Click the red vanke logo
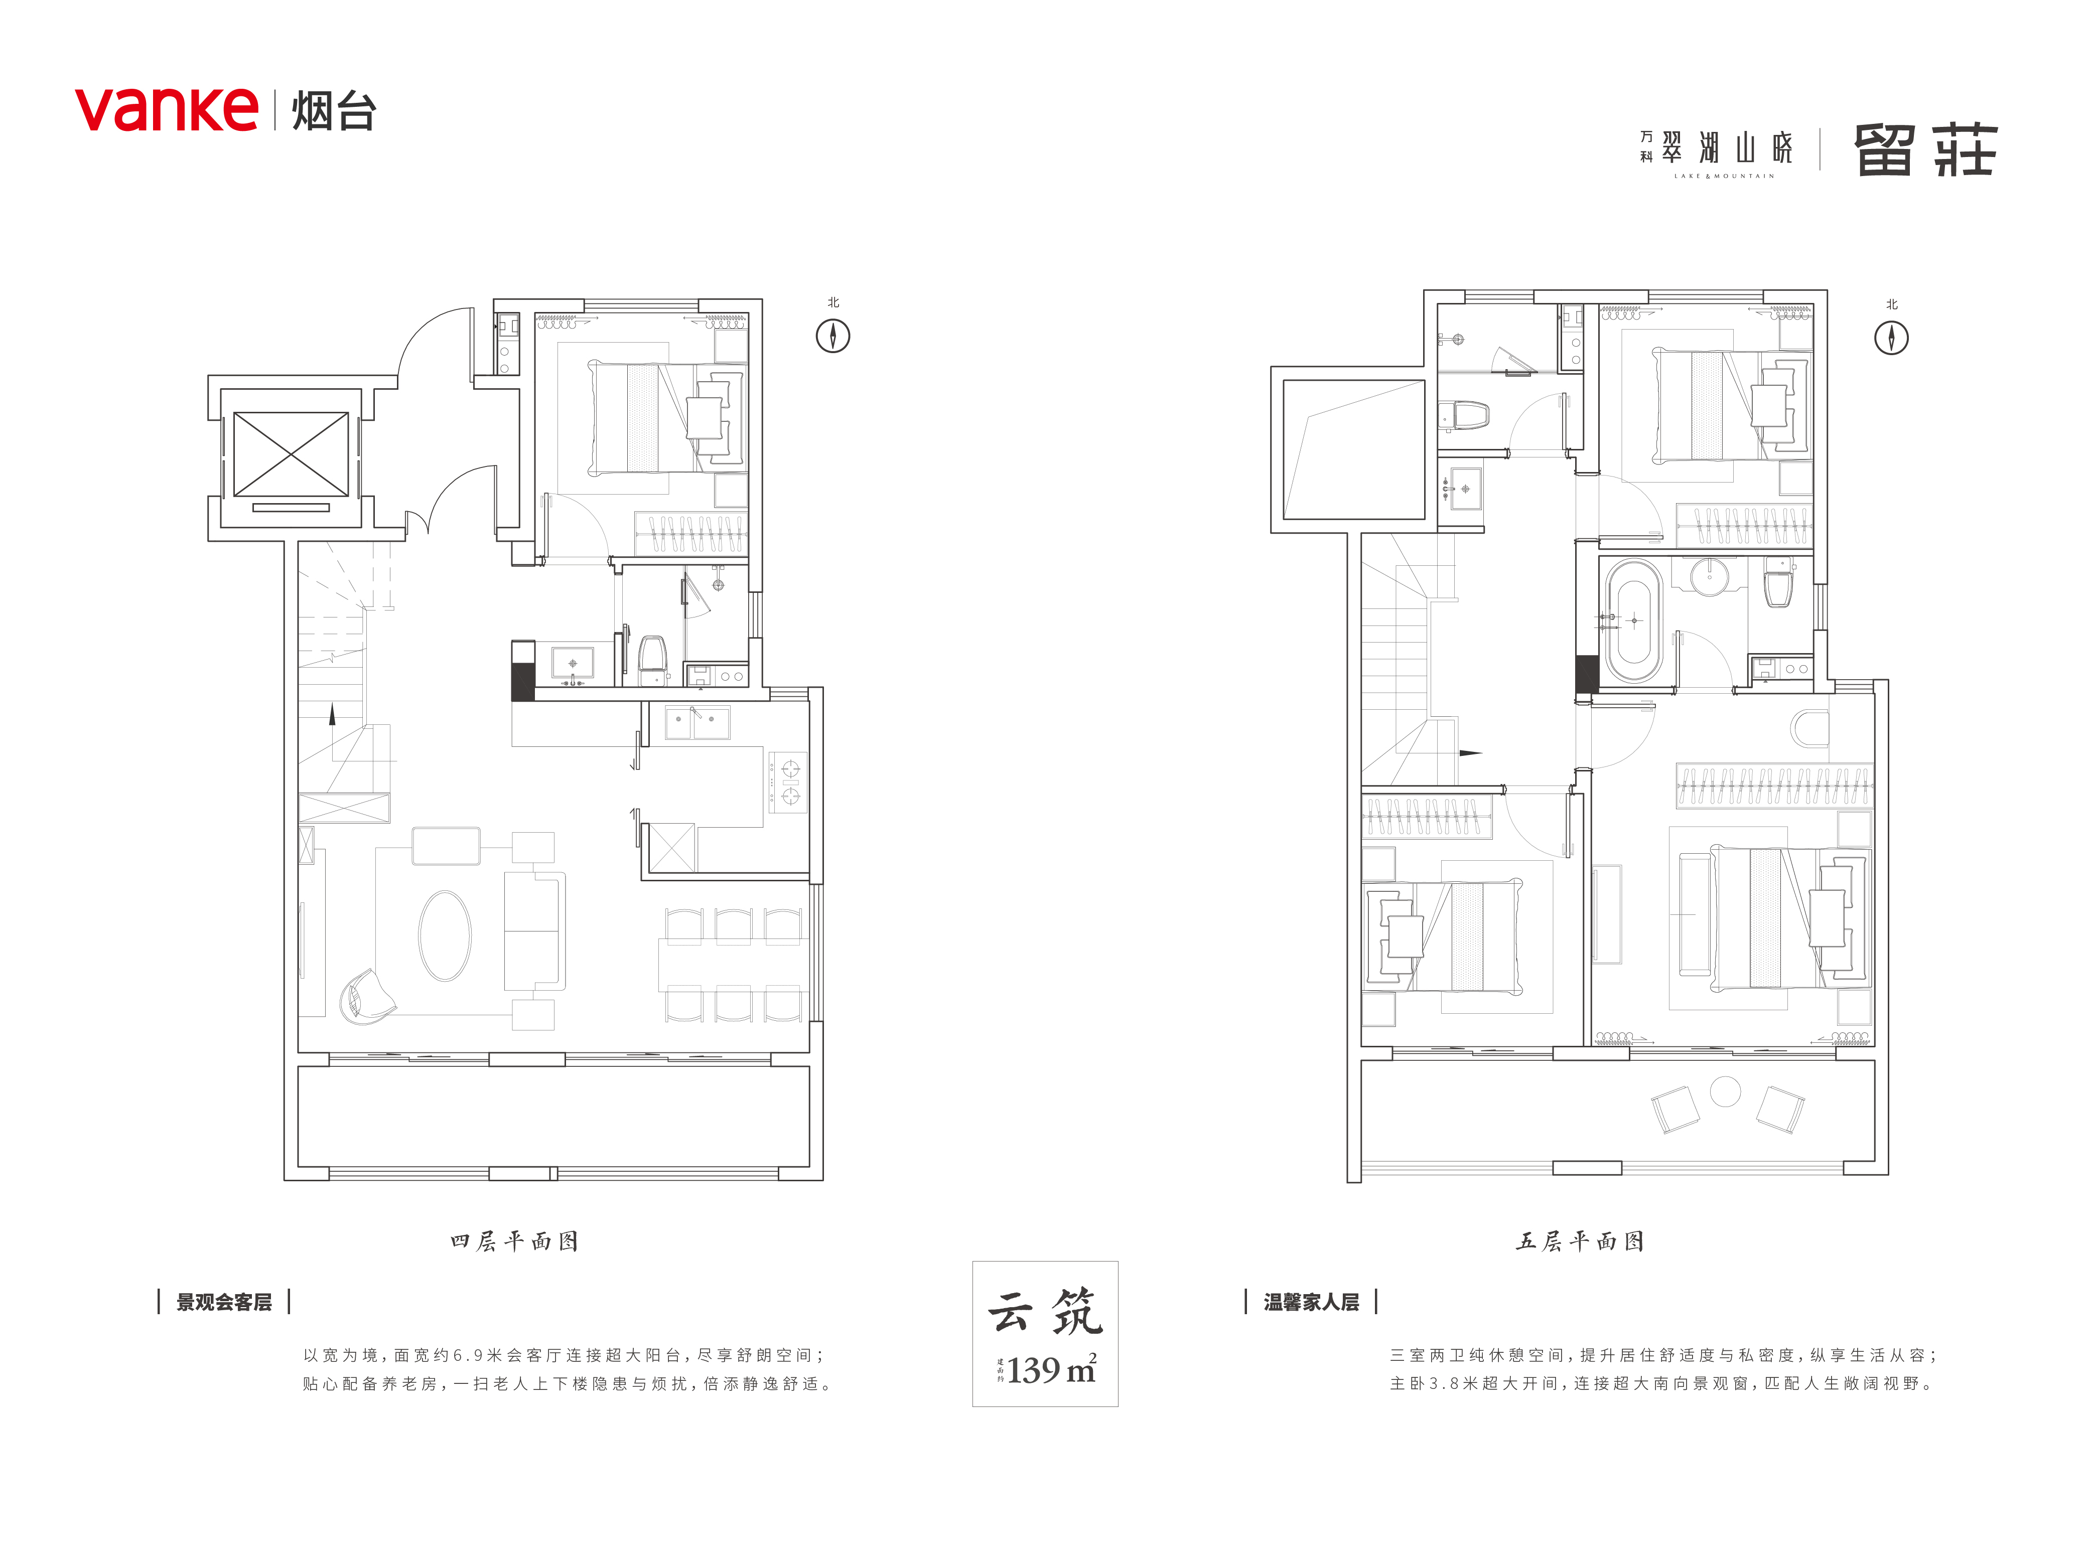[167, 110]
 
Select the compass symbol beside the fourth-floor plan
[833, 336]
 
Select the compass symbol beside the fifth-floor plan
[1892, 338]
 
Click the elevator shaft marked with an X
[291, 453]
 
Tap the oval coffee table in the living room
[444, 935]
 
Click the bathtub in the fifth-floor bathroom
[1633, 621]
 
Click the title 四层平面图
[514, 1241]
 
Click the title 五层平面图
[1580, 1241]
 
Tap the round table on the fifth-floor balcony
[1725, 1091]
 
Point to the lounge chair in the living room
[367, 995]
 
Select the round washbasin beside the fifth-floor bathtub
[1708, 576]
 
